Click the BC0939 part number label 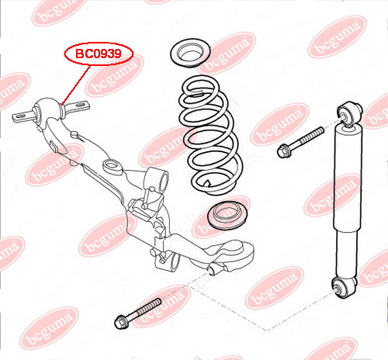click(x=99, y=54)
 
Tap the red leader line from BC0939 click(x=76, y=85)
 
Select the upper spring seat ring click(x=190, y=54)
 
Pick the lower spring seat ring click(x=227, y=215)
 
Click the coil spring click(x=211, y=134)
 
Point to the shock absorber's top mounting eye click(x=350, y=112)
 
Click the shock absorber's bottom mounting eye click(x=345, y=287)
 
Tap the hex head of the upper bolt click(x=284, y=151)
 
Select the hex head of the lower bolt click(x=122, y=321)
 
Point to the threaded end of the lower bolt click(x=149, y=306)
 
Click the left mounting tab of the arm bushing click(x=23, y=116)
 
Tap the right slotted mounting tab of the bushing click(x=78, y=106)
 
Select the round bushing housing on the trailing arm click(x=49, y=110)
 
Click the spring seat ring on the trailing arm click(x=113, y=166)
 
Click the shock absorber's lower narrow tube click(x=346, y=254)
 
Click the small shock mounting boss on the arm click(x=215, y=269)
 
